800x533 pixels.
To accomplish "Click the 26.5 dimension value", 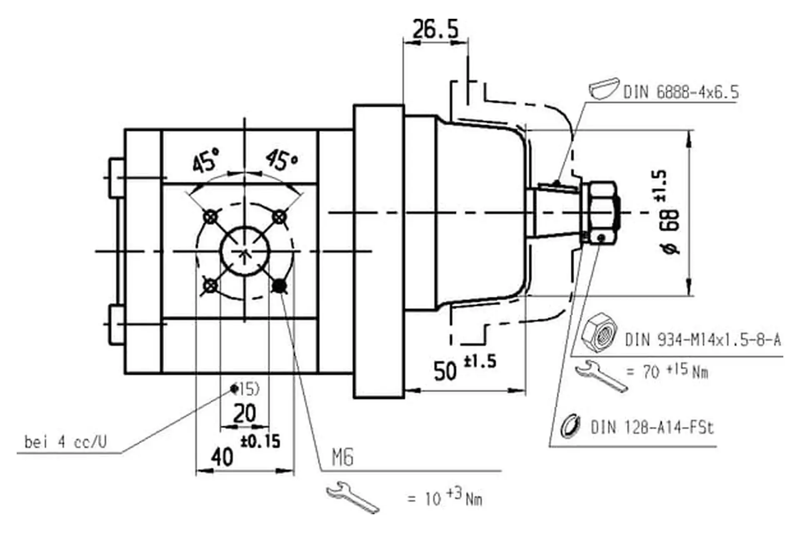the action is [x=435, y=29].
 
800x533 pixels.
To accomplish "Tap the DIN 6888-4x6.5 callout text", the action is [x=681, y=92].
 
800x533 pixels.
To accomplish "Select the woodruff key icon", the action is [x=603, y=89].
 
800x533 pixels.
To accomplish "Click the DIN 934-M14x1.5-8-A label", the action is [x=703, y=340].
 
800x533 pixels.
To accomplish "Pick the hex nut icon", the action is [x=599, y=334].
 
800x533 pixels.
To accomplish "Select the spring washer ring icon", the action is [x=570, y=426].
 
